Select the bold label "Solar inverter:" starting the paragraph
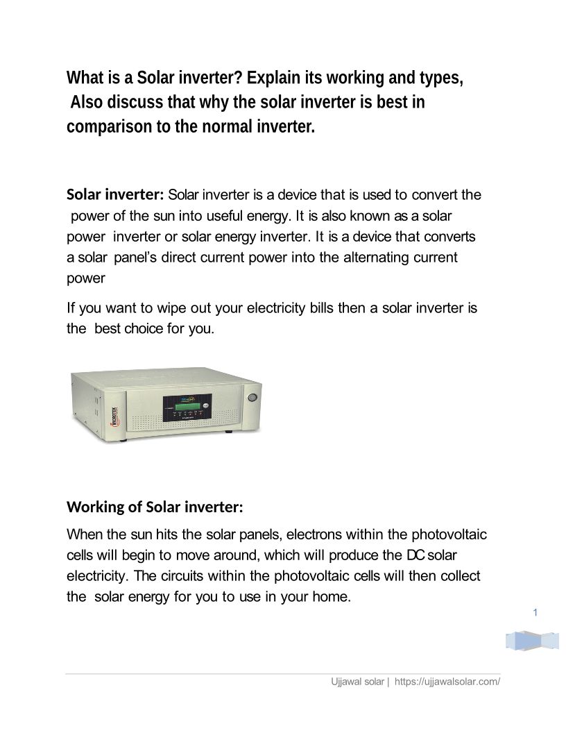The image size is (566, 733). pos(115,194)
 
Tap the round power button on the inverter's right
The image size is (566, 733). pos(252,399)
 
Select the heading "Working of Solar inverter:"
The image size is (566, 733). pos(155,507)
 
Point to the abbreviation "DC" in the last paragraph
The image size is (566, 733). pos(415,556)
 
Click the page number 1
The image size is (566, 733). pos(536,612)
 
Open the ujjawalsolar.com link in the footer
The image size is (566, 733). pos(447,682)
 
